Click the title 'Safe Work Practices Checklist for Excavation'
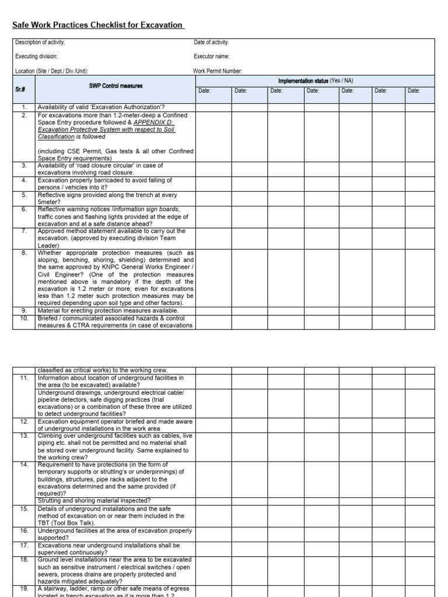click(98, 25)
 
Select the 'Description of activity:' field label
click(40, 43)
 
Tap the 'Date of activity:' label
click(211, 43)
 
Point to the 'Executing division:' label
click(36, 57)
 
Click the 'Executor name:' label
click(212, 57)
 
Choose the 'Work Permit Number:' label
click(218, 71)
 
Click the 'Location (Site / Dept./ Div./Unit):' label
click(51, 71)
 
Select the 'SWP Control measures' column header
click(115, 86)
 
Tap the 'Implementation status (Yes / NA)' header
click(316, 80)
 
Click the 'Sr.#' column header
click(24, 90)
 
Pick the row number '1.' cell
click(24, 107)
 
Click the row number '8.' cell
click(24, 253)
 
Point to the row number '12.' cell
click(24, 421)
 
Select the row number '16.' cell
click(24, 531)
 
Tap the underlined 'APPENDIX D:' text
click(154, 122)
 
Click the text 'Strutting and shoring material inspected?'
click(94, 501)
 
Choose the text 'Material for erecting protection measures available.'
click(108, 311)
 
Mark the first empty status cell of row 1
click(213, 107)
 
